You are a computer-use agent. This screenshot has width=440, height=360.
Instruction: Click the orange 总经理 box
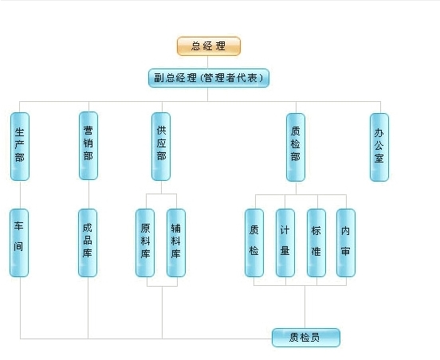click(x=209, y=46)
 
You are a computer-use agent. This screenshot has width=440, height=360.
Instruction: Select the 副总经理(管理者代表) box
click(x=209, y=78)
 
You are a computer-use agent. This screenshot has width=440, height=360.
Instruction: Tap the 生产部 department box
click(x=20, y=147)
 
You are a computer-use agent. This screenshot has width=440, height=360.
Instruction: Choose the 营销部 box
click(x=88, y=146)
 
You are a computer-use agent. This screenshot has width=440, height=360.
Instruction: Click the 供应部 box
click(x=161, y=147)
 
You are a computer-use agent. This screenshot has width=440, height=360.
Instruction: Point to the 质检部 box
click(x=296, y=147)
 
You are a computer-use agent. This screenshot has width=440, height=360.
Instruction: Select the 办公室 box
click(x=379, y=147)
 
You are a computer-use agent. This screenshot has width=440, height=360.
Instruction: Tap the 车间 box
click(x=19, y=243)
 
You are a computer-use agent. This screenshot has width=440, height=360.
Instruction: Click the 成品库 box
click(x=88, y=243)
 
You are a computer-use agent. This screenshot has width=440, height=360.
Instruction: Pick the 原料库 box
click(x=145, y=243)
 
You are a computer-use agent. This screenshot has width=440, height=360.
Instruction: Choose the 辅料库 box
click(x=176, y=243)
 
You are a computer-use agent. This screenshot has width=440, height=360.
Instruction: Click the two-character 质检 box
click(x=254, y=243)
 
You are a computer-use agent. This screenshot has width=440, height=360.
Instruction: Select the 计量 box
click(x=285, y=243)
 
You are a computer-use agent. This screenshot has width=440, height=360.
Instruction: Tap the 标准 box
click(x=316, y=243)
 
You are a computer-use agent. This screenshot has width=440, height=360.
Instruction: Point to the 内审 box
click(x=346, y=243)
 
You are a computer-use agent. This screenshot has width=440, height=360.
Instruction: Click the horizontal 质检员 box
click(x=306, y=337)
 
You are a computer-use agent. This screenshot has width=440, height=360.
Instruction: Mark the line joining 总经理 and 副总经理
click(x=208, y=62)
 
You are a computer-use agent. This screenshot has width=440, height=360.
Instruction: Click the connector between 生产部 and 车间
click(x=20, y=194)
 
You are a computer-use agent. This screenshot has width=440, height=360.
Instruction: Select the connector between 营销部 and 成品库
click(x=88, y=194)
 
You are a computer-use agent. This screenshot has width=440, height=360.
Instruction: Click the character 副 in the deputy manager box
click(x=159, y=78)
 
